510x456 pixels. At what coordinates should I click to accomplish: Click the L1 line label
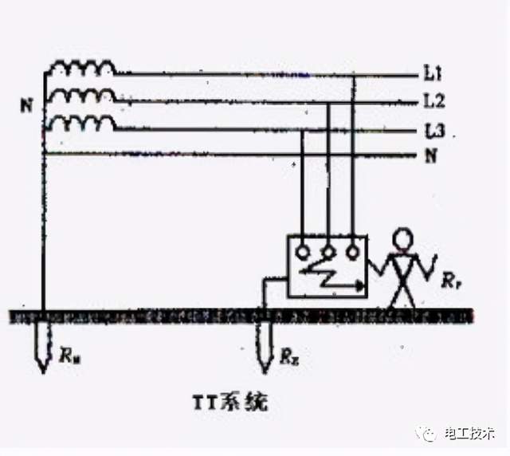click(432, 75)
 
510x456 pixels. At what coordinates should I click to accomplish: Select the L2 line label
click(433, 102)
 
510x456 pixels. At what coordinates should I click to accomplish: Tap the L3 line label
click(433, 130)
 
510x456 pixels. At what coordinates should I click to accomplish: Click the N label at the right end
click(431, 156)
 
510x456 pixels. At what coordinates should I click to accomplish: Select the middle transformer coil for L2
click(82, 96)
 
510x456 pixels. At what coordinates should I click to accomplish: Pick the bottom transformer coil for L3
click(82, 124)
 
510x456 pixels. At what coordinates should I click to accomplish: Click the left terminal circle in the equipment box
click(301, 253)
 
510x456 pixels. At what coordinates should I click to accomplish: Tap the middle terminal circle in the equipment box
click(327, 250)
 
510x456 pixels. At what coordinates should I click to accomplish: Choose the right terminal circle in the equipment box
click(351, 252)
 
